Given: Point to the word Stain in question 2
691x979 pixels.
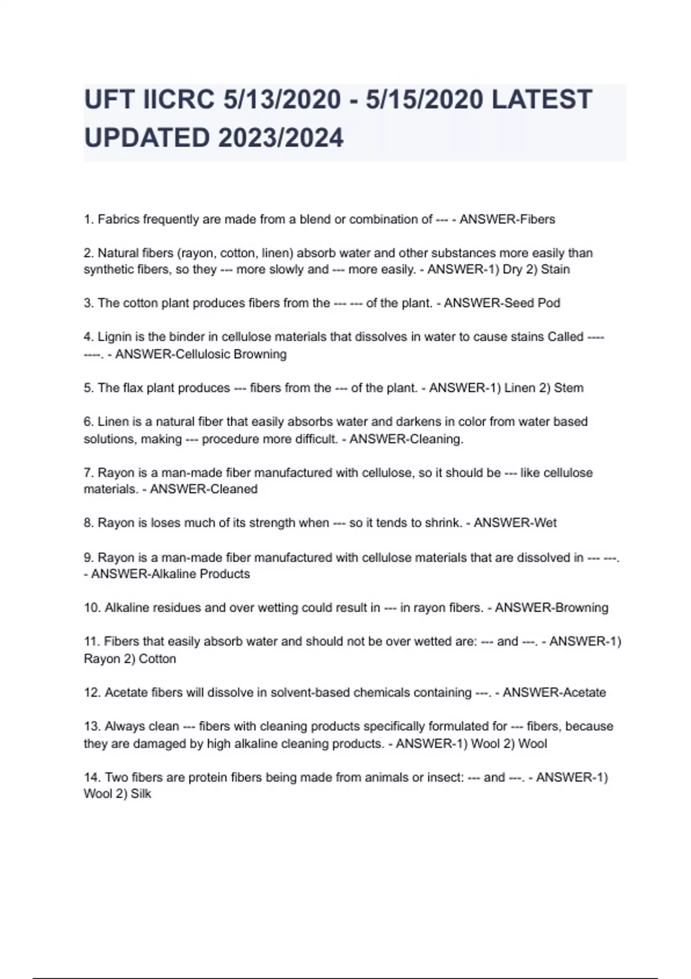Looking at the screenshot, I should pyautogui.click(x=555, y=270).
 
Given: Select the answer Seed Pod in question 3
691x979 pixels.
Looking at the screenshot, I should pyautogui.click(x=530, y=303).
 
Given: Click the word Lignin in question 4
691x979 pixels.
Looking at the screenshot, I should pyautogui.click(x=115, y=337).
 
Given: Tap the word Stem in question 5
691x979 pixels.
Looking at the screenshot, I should pyautogui.click(x=568, y=388).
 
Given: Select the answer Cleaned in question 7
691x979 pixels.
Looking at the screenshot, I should pyautogui.click(x=232, y=490).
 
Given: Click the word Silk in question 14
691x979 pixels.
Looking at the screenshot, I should pyautogui.click(x=141, y=794).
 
